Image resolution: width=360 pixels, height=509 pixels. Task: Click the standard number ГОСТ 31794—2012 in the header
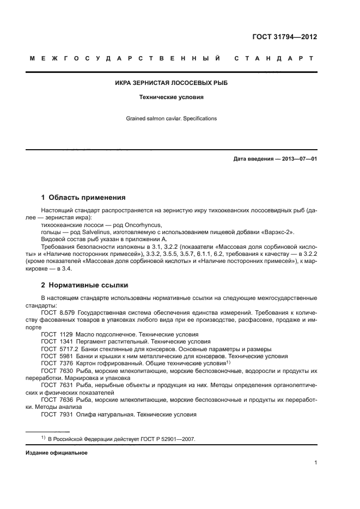[284, 38]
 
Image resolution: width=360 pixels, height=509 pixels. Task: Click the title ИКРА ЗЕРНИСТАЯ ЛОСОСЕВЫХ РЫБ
[172, 83]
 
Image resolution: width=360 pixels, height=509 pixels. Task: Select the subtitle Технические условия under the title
[172, 98]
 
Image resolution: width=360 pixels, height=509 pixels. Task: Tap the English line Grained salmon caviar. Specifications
[172, 118]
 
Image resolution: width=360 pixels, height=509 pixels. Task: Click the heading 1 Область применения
[83, 198]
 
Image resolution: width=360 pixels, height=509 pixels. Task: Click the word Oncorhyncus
[127, 224]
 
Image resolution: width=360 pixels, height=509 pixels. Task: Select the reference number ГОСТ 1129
[57, 334]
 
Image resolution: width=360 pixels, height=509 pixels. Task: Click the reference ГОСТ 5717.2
[59, 348]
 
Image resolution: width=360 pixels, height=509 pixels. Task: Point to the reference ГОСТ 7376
[57, 363]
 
